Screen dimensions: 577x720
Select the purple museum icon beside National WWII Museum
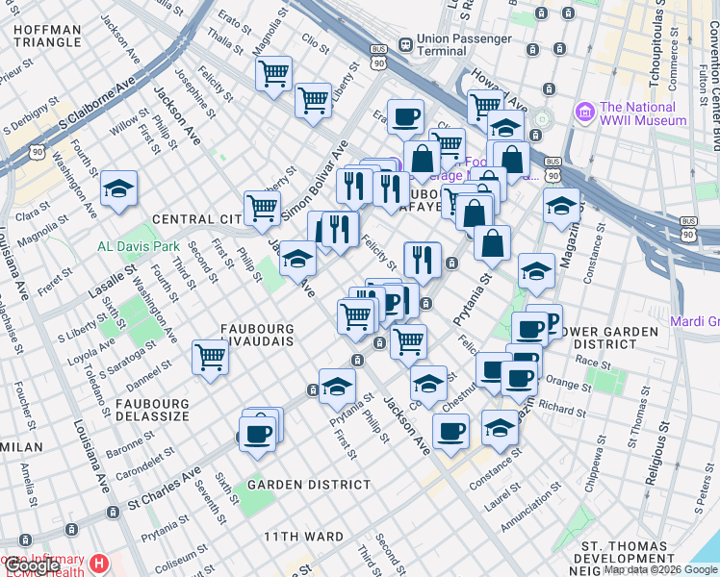(584, 113)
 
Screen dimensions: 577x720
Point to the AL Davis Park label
(139, 246)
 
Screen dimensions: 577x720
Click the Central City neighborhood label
(196, 219)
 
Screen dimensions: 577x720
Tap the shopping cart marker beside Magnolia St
(274, 73)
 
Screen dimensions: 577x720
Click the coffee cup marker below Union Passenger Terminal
(405, 117)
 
